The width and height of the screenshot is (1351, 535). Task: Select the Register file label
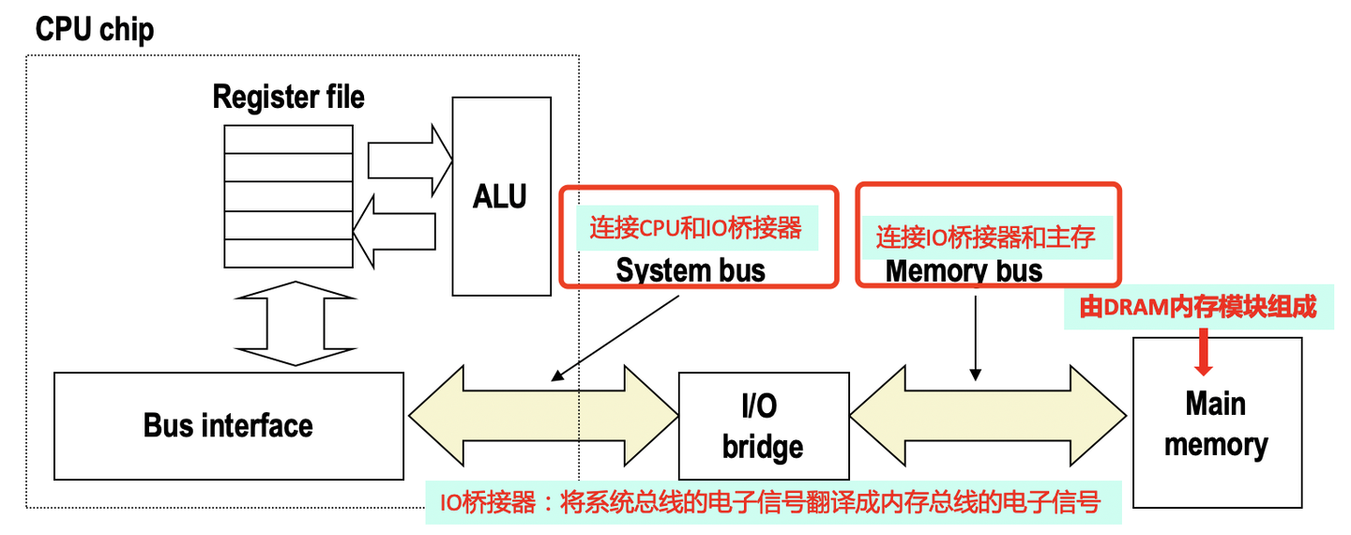[x=288, y=97]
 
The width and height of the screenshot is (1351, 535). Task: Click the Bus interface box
[x=228, y=425]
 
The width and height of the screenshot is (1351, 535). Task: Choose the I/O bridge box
[x=763, y=427]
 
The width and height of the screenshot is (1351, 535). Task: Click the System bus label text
[x=691, y=270]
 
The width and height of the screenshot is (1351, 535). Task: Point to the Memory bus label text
[x=964, y=270]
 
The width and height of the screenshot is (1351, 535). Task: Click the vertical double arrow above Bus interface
[x=295, y=323]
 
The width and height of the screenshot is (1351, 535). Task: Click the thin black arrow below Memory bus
[x=976, y=338]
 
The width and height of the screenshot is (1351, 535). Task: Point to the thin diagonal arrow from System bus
[x=615, y=339]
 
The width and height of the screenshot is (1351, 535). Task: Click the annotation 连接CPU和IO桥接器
[x=695, y=228]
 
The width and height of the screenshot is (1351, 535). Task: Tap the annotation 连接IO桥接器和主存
[x=985, y=237]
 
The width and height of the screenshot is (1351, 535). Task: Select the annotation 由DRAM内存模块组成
[x=1198, y=307]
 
